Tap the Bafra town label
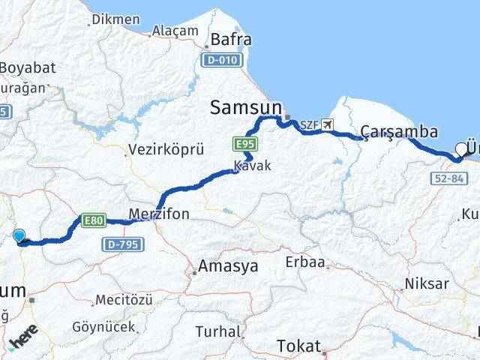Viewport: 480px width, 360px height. [x=231, y=39]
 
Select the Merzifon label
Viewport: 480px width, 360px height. [x=159, y=214]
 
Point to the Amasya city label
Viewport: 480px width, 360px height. [x=228, y=265]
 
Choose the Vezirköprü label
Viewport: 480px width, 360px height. [x=166, y=149]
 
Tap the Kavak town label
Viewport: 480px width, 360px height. [x=252, y=166]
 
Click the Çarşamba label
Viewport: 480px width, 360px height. [x=399, y=132]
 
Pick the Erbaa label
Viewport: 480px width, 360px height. [x=305, y=262]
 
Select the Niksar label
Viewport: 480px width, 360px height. [x=426, y=283]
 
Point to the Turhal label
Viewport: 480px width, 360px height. [x=217, y=331]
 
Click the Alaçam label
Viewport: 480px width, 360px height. [x=175, y=31]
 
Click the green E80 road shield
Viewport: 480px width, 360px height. [x=92, y=220]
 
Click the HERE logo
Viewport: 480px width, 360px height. [x=24, y=342]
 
